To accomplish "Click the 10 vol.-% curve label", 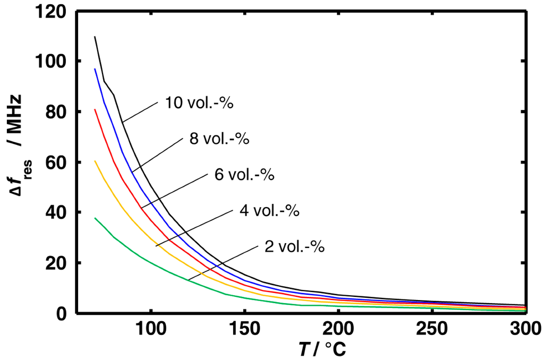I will pyautogui.click(x=199, y=102).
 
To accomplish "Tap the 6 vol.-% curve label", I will pyautogui.click(x=244, y=175).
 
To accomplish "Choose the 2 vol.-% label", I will pyautogui.click(x=294, y=246).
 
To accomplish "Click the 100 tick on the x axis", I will pyautogui.click(x=151, y=330).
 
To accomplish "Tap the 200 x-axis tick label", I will pyautogui.click(x=338, y=330).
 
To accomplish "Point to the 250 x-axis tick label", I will pyautogui.click(x=432, y=330).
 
